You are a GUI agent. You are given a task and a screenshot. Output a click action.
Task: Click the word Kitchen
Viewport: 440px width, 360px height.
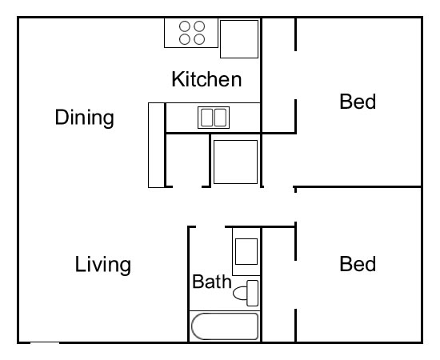point(206,79)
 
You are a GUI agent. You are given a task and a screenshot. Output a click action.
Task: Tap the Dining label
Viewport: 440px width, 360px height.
point(84,118)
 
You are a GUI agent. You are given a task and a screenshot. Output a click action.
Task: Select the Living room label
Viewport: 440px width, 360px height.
point(103,264)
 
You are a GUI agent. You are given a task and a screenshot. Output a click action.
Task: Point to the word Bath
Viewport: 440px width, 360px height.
point(211,282)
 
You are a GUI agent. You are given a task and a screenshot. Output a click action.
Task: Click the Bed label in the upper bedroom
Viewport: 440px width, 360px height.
point(358,102)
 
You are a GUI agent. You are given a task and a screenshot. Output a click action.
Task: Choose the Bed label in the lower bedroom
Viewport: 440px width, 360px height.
point(358,264)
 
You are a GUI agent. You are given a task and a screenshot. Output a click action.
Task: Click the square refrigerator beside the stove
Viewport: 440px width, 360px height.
point(240,38)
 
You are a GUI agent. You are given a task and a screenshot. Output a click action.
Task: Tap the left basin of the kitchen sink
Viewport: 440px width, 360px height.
point(206,118)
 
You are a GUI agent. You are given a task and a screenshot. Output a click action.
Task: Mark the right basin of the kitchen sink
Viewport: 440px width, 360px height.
point(219,118)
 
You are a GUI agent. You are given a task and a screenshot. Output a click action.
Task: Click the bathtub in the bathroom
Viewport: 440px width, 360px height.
point(225,326)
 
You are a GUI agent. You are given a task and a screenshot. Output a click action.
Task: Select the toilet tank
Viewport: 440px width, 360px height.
point(253,293)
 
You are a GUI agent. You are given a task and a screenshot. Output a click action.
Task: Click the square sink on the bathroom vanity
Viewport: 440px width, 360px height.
point(246,252)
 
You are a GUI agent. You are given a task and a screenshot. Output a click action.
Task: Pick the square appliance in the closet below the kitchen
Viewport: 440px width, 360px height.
point(235,161)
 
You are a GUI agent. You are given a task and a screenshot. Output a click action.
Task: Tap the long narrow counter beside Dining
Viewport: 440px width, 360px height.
point(156,145)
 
